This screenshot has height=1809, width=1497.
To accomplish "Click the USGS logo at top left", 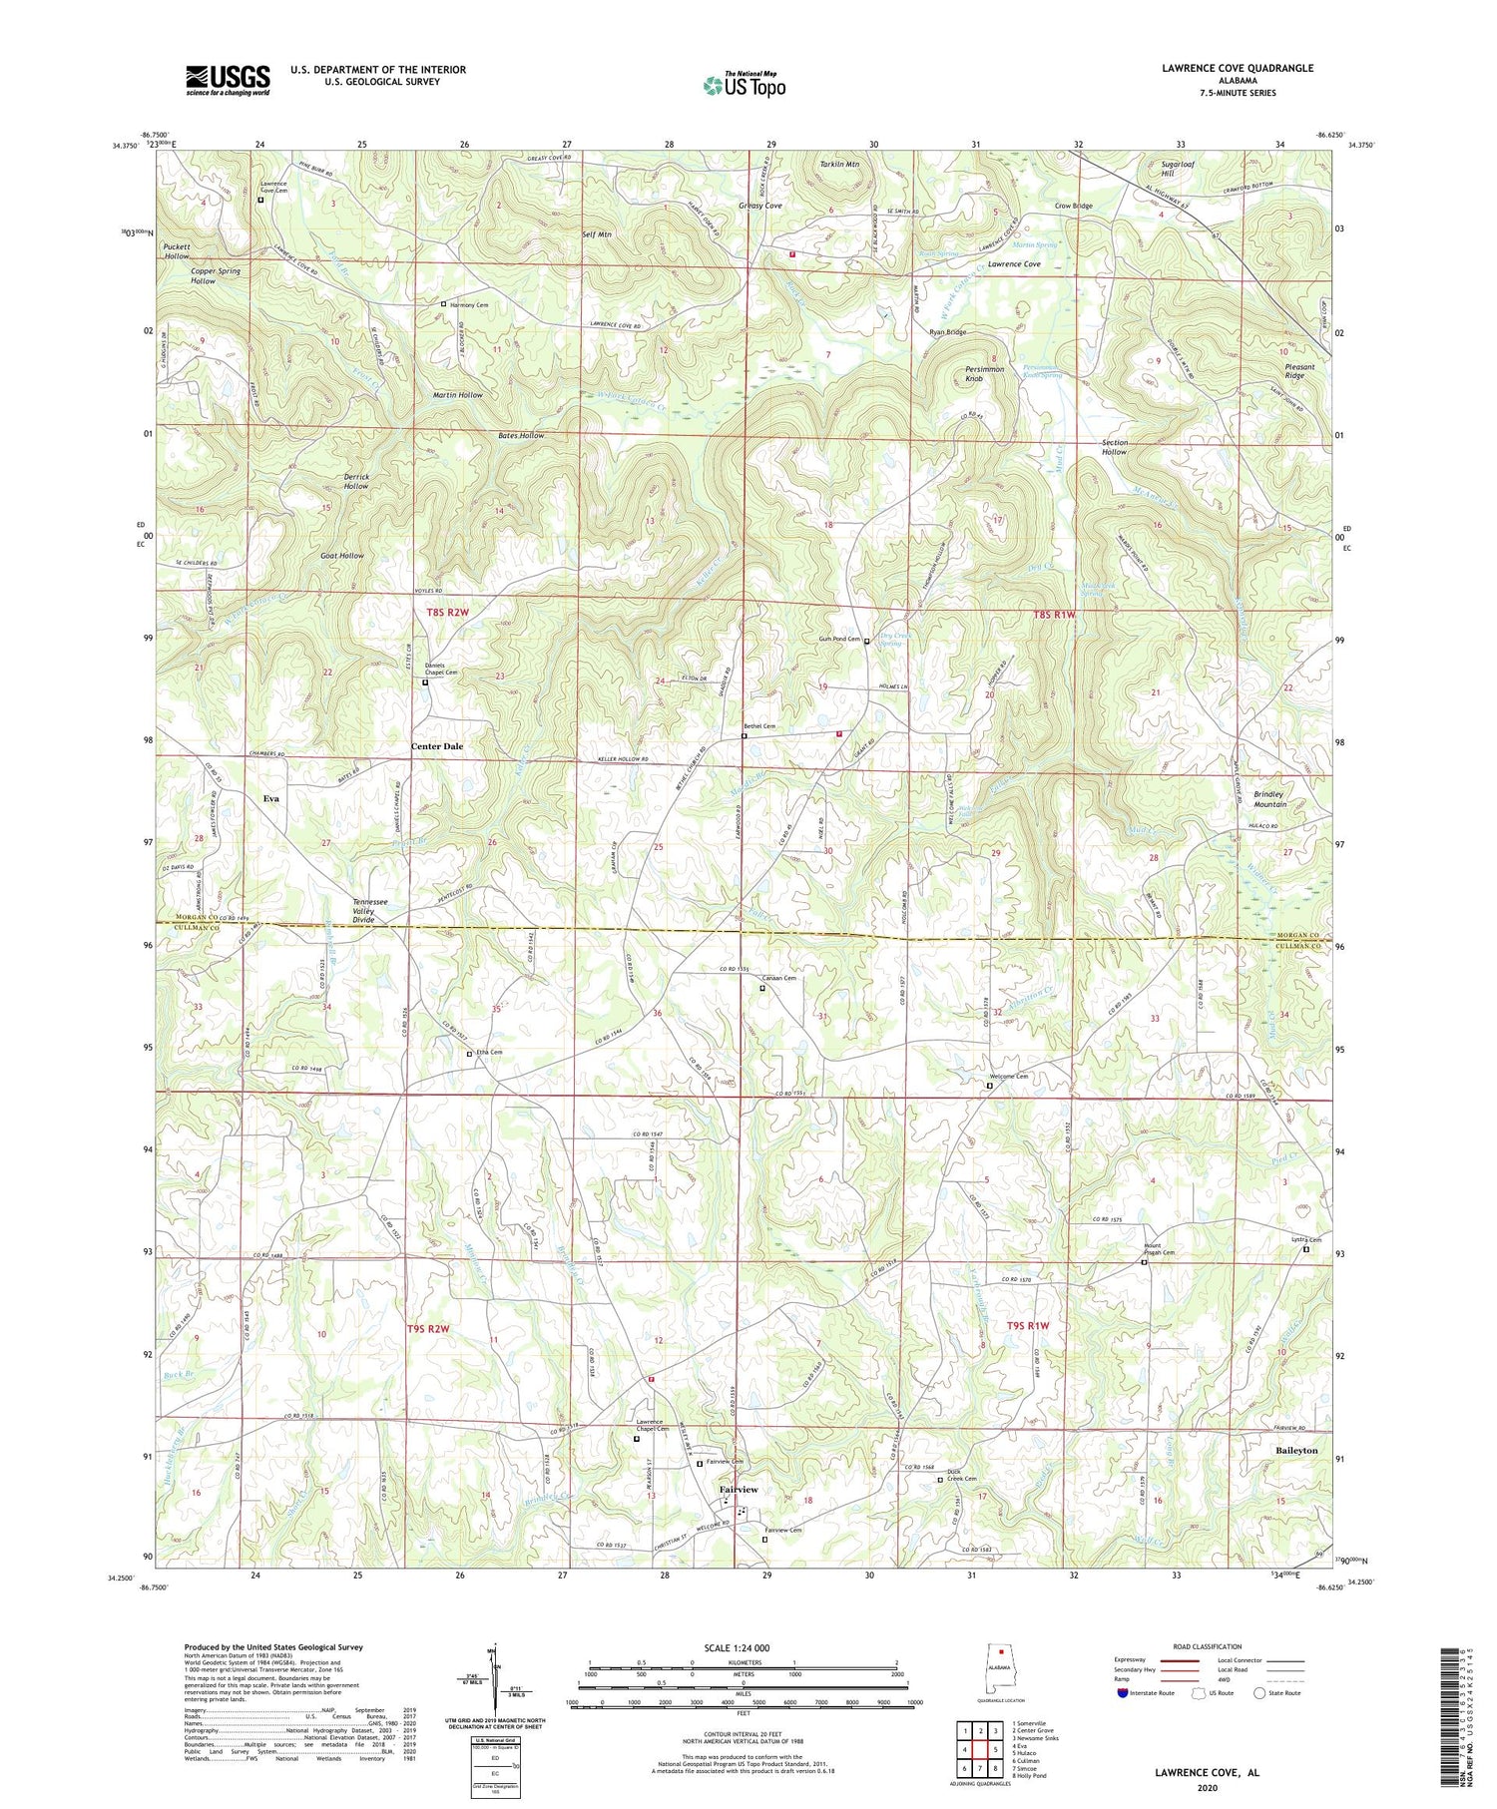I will [x=228, y=80].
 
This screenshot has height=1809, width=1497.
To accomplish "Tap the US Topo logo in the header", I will [x=744, y=85].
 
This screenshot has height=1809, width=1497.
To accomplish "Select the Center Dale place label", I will [x=437, y=746].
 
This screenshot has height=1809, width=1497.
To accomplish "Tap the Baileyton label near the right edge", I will [x=1296, y=1450].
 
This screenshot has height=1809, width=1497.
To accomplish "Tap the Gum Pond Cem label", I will [x=839, y=640].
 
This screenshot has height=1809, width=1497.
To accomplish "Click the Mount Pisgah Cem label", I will [x=1159, y=1249].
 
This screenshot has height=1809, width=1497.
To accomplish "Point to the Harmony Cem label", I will [x=468, y=304].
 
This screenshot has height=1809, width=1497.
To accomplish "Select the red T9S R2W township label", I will [x=429, y=1329].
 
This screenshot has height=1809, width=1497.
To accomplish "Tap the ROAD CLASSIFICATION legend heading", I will [x=1208, y=1646].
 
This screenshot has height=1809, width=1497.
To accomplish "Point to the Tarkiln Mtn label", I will [x=838, y=163].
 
